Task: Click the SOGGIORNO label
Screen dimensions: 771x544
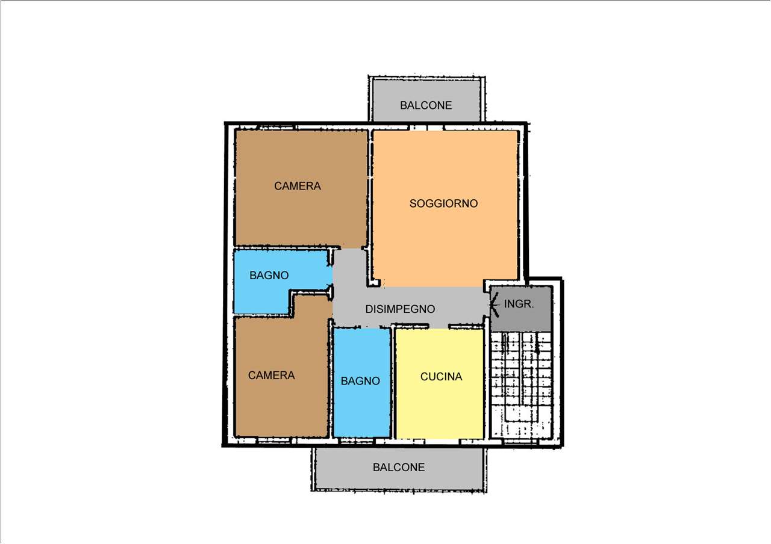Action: [443, 203]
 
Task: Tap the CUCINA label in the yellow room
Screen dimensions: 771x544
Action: [441, 377]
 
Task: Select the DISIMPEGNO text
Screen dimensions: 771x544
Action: [400, 309]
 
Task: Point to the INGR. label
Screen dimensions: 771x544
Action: [519, 304]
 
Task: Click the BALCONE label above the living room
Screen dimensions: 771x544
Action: [426, 105]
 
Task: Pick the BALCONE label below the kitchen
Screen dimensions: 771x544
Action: [399, 468]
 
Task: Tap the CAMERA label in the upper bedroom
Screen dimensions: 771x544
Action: [298, 186]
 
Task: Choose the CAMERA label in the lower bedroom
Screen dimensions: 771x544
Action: [271, 375]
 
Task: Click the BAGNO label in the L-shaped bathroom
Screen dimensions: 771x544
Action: [269, 276]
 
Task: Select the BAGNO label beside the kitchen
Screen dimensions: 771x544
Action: [360, 381]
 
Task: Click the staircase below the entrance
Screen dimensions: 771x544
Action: [521, 385]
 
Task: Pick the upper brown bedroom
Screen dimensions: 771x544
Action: [301, 188]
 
